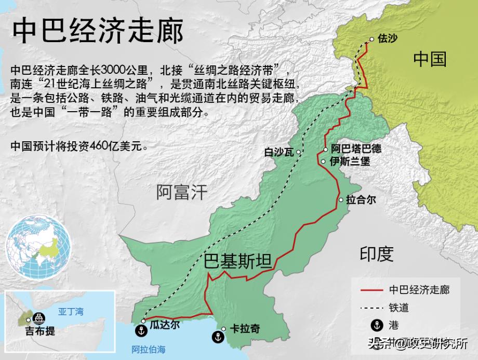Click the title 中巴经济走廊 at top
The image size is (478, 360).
[x=98, y=32]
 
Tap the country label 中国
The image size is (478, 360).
[x=430, y=59]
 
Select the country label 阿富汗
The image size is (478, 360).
[x=181, y=192]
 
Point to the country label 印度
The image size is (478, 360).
[x=377, y=254]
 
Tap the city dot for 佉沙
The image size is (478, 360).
[x=371, y=39]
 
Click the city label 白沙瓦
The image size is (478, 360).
[x=279, y=152]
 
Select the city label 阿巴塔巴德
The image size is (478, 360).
[x=356, y=149]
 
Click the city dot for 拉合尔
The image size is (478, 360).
[x=341, y=199]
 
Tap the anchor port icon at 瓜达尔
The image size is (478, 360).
[x=140, y=330]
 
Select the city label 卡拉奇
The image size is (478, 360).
[x=245, y=329]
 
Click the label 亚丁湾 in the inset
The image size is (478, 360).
[x=70, y=312]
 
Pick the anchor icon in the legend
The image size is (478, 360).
[x=373, y=325]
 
